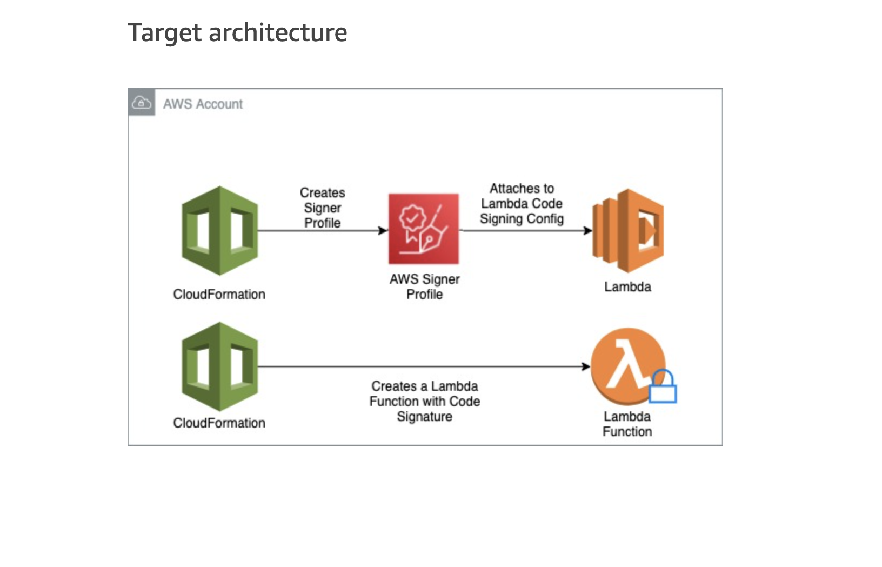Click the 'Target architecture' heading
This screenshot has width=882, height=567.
(237, 32)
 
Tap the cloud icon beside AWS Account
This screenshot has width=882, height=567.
(142, 102)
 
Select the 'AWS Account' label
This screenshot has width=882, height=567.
(203, 104)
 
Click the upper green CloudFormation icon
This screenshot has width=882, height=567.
(219, 231)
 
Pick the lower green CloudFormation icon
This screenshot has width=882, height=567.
(219, 366)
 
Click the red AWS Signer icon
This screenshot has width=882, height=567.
(424, 229)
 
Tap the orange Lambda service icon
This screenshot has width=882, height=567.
(628, 231)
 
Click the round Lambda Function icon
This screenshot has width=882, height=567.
(627, 366)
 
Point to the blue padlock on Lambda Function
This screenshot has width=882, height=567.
(663, 387)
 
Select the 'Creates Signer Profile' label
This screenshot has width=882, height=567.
(323, 208)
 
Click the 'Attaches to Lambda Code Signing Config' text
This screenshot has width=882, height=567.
(522, 204)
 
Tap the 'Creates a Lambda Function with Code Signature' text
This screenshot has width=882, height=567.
(425, 402)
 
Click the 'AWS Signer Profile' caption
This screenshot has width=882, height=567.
(425, 287)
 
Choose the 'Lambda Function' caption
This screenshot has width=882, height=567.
(627, 424)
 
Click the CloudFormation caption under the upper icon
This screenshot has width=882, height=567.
(219, 295)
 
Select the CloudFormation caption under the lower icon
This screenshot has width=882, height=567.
(219, 423)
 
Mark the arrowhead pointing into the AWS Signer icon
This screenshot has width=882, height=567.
(383, 231)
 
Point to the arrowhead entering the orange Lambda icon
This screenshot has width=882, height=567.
(588, 231)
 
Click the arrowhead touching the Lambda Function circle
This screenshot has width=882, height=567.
(586, 366)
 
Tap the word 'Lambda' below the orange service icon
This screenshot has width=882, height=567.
(627, 287)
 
